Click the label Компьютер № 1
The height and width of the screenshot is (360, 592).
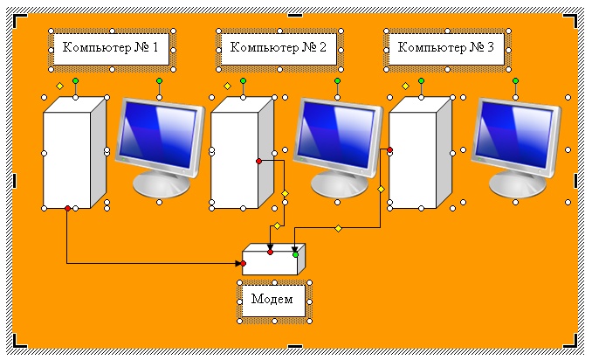click(110, 48)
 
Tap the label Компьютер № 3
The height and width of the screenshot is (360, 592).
click(445, 48)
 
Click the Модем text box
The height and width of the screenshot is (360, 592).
click(274, 300)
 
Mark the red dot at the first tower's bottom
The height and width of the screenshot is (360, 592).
click(67, 208)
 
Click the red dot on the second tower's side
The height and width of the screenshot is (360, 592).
click(258, 161)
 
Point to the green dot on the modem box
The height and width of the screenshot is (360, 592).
click(295, 254)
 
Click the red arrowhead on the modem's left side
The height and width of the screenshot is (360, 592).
click(244, 262)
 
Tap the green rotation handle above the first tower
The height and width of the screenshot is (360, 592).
click(75, 80)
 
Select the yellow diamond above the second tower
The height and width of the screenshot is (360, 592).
click(227, 87)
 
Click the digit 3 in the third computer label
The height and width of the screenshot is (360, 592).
click(491, 48)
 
